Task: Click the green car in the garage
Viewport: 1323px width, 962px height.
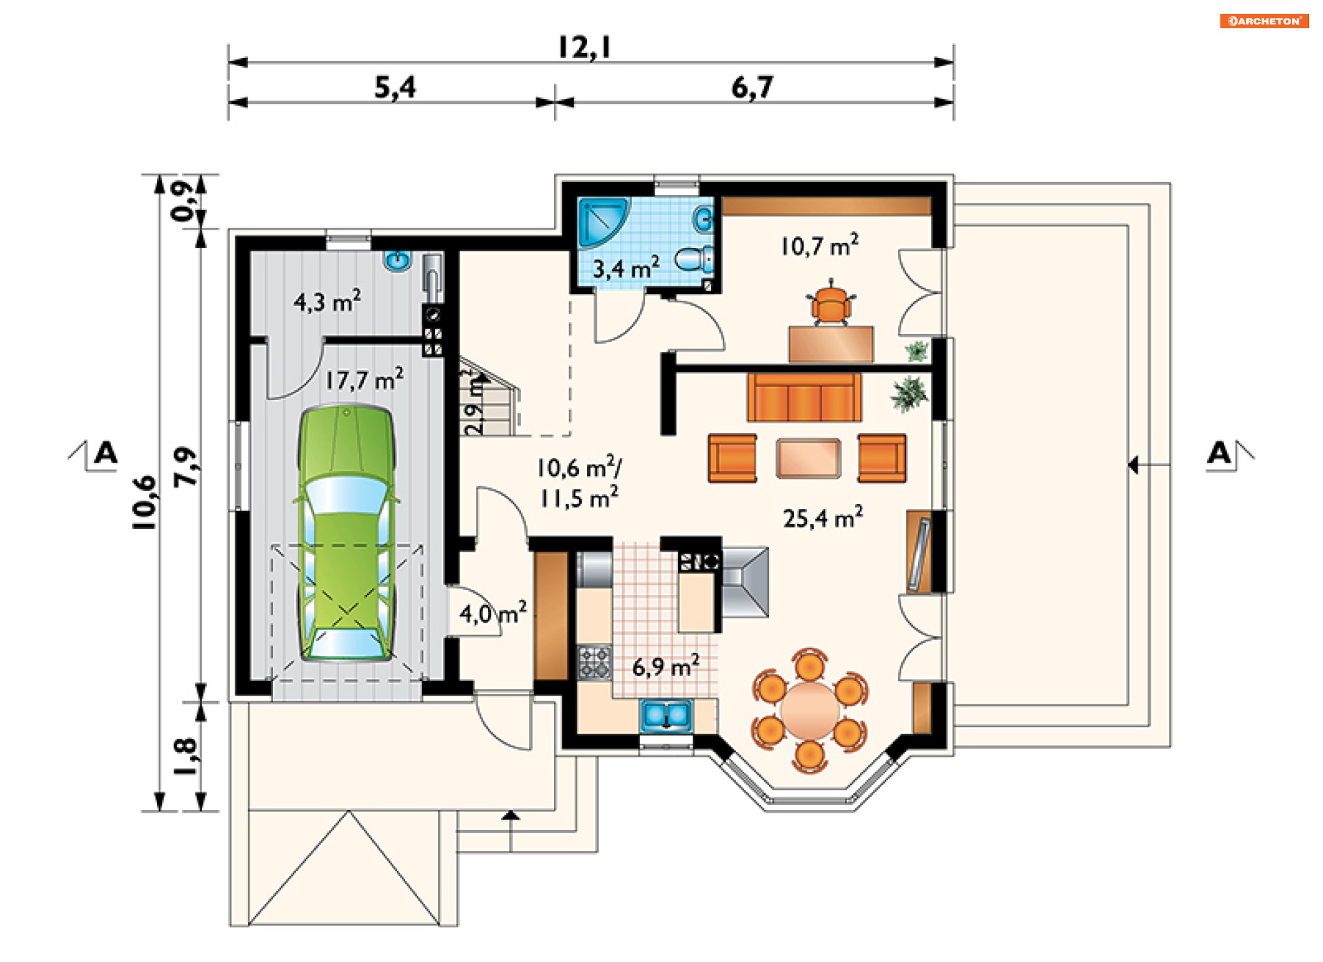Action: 347,534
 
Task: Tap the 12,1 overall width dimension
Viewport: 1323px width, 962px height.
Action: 584,48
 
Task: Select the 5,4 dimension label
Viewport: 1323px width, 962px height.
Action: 395,87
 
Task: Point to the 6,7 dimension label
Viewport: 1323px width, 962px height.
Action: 752,87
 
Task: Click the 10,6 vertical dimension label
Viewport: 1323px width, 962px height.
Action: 145,503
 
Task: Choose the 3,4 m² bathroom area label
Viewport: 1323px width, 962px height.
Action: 626,267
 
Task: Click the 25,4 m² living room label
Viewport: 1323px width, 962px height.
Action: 823,518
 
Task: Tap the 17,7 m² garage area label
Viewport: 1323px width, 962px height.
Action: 364,379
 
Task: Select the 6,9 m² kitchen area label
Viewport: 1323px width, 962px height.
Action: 666,666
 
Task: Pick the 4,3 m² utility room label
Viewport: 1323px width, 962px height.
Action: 327,302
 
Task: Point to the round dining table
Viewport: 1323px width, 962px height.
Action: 810,709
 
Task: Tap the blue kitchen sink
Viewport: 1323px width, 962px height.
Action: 666,715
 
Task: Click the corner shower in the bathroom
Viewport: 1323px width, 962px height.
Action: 604,222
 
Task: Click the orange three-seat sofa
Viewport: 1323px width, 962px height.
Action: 804,397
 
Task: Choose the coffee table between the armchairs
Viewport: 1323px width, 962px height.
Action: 808,458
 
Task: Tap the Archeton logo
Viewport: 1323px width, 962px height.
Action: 1264,21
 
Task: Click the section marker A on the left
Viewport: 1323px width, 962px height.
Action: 105,453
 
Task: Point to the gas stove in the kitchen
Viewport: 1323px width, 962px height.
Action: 594,662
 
